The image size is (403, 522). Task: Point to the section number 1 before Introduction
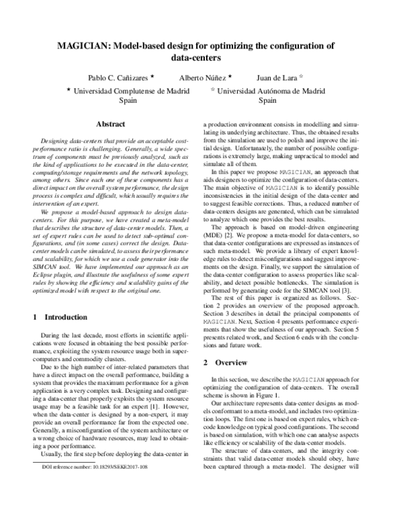tap(34, 297)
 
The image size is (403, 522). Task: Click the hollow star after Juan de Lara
tap(302, 77)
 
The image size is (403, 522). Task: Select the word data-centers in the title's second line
tap(201, 59)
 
